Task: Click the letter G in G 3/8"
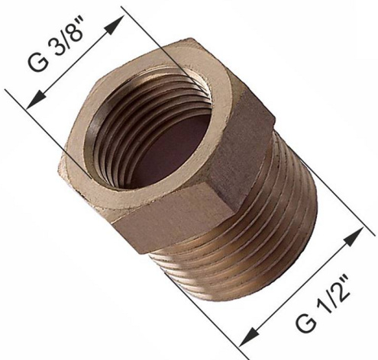pyautogui.click(x=38, y=62)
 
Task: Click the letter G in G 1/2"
pyautogui.click(x=305, y=323)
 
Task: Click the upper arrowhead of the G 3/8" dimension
pyautogui.click(x=115, y=24)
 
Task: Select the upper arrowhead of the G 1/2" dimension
pyautogui.click(x=354, y=237)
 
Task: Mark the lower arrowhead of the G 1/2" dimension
pyautogui.click(x=249, y=337)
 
